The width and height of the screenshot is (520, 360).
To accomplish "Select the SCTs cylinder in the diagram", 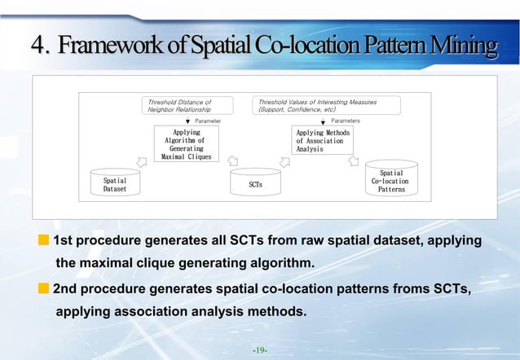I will pos(255,184).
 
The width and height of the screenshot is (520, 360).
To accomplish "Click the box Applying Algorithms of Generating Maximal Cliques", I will pos(187,143).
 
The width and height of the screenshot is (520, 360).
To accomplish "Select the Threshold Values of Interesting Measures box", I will pos(326,105).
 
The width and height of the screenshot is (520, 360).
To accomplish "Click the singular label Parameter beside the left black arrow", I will pos(212,121).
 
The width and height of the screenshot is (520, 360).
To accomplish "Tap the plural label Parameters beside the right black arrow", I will pos(346,121).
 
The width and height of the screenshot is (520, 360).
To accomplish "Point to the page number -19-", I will pos(260,349).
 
